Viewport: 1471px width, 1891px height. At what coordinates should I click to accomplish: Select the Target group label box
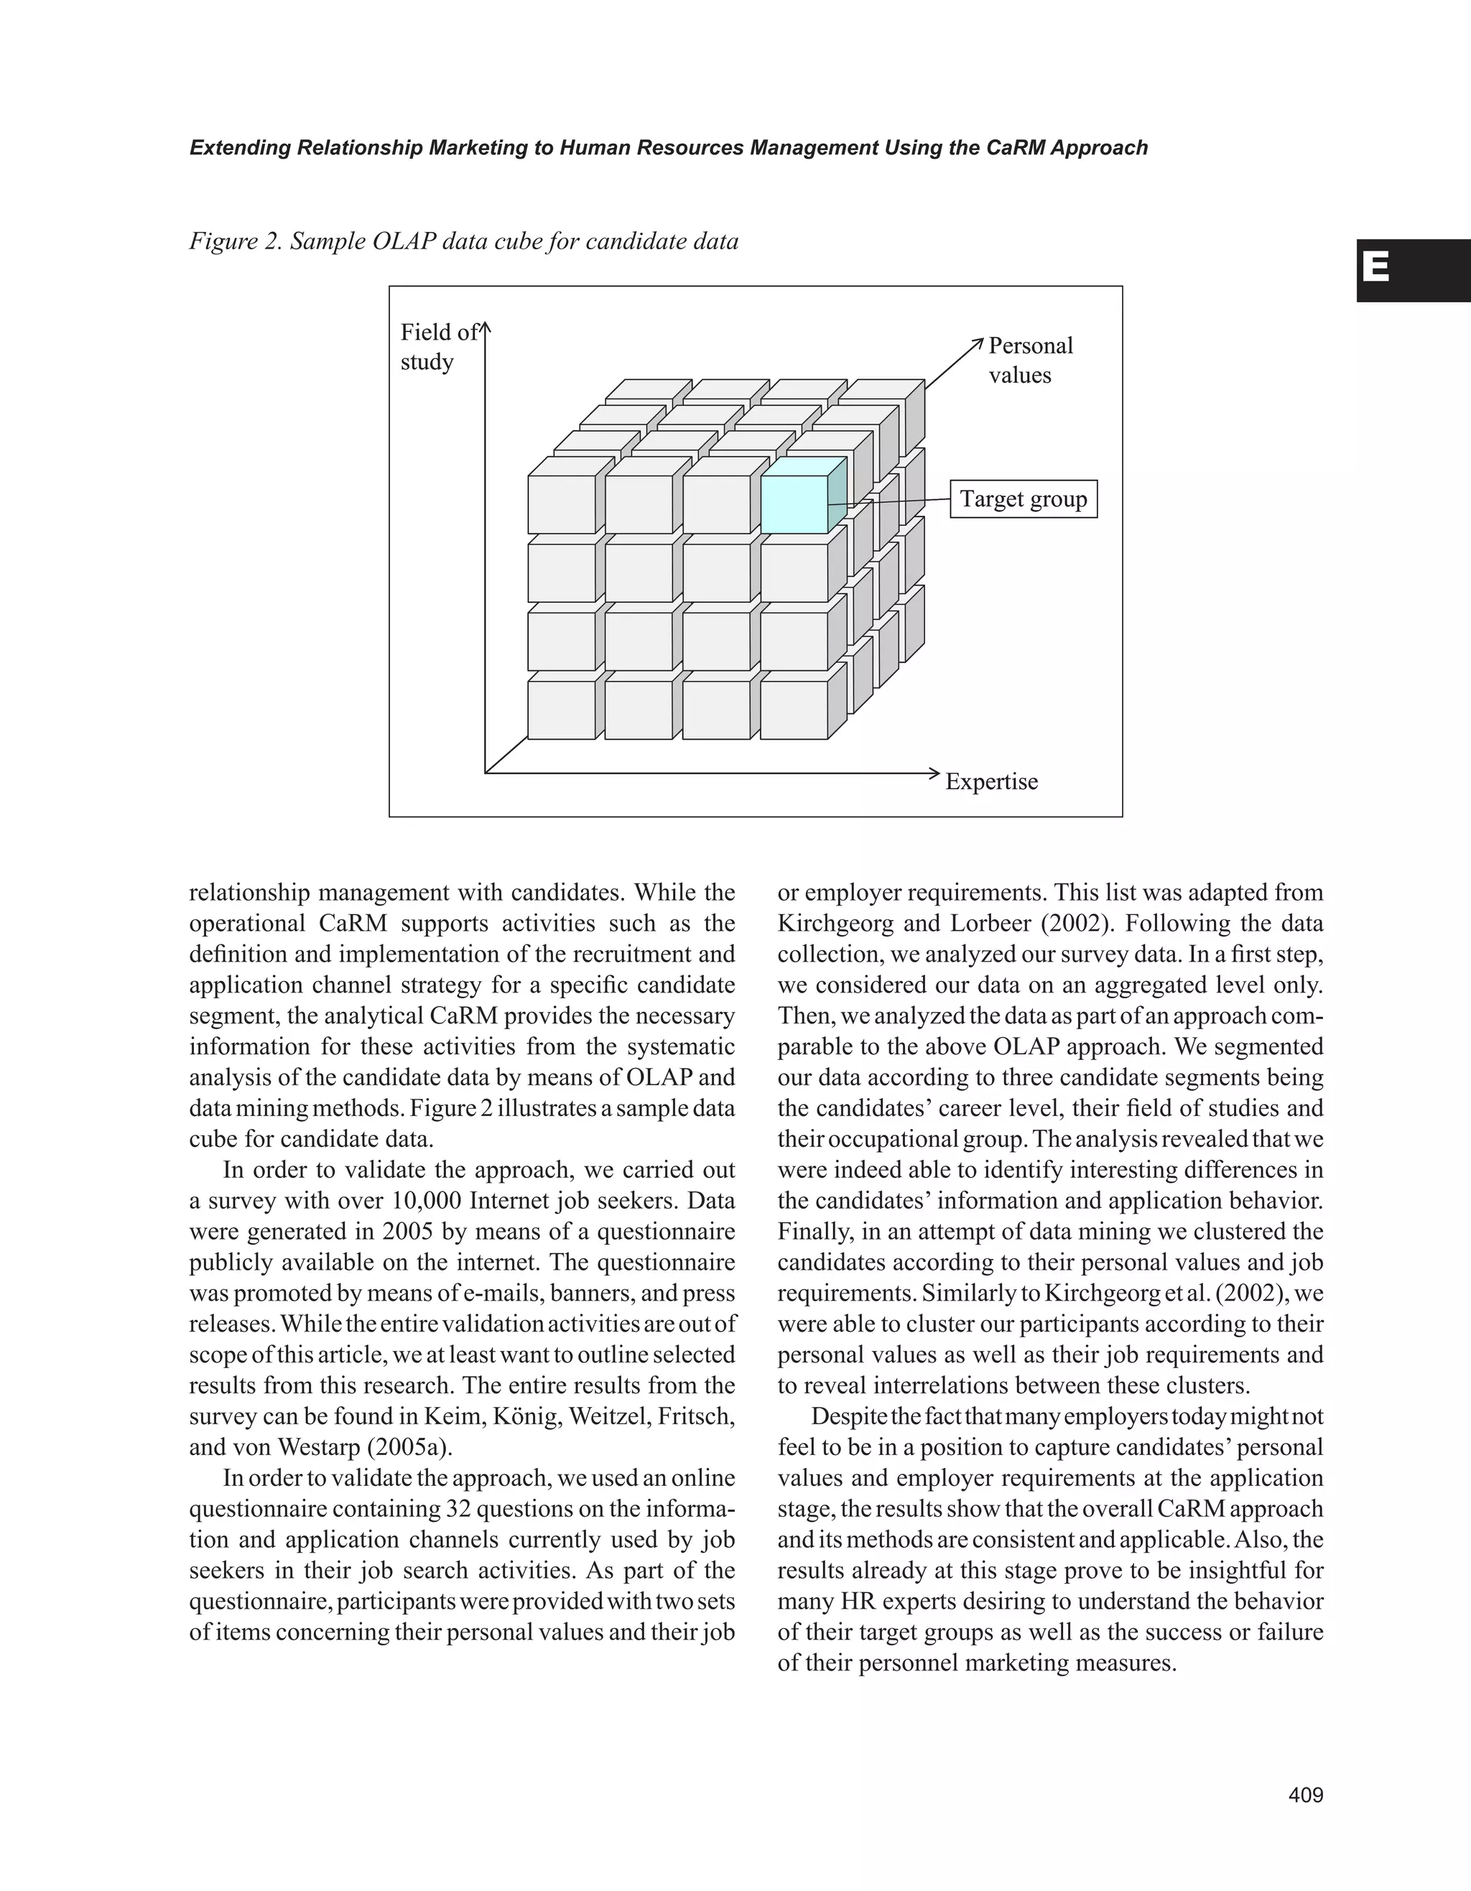coord(1024,500)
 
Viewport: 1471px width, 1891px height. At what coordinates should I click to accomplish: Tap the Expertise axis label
coord(990,782)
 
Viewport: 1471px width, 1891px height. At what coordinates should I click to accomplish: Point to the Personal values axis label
coord(1029,361)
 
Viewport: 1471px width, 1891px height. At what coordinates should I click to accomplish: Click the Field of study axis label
coord(438,346)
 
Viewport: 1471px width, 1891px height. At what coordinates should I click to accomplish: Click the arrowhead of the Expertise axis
coord(935,772)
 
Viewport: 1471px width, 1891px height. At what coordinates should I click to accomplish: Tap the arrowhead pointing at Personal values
coord(979,341)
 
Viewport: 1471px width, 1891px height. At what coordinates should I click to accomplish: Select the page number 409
coord(1306,1795)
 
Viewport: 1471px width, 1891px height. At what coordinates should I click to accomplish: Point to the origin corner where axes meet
coord(486,772)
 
